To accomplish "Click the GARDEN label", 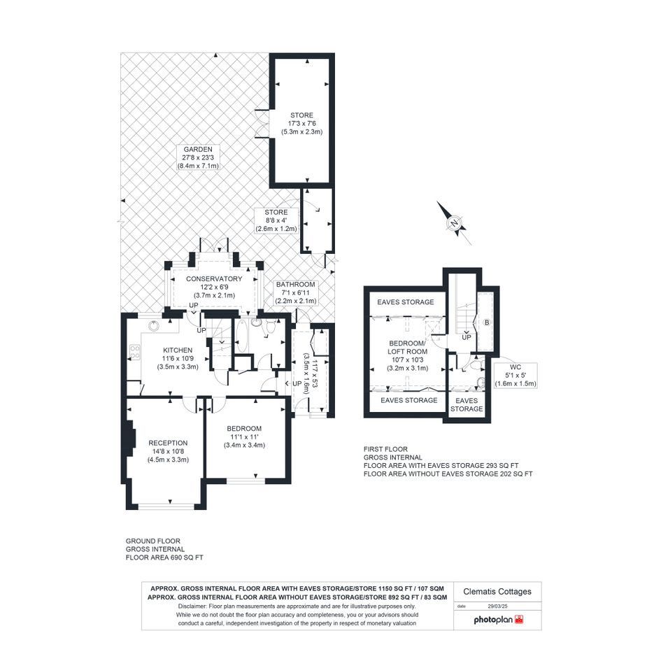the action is tap(198, 149).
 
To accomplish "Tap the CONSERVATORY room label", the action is tap(214, 278).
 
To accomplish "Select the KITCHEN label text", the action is tap(178, 350).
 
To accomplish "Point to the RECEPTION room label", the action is tap(168, 443).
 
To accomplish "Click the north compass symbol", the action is tap(453, 223).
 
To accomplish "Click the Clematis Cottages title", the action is tap(497, 592).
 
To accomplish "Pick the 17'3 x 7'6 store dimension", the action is tap(302, 124).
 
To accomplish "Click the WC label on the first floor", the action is tap(515, 367).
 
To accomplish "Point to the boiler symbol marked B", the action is tap(487, 322).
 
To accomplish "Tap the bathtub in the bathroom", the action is tap(241, 336).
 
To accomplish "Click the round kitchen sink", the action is tap(153, 326).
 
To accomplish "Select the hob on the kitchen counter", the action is tap(135, 353).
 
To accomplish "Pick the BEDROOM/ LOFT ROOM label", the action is tap(408, 348).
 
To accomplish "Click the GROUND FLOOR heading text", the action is tap(153, 541).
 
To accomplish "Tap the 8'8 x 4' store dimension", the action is tap(276, 220).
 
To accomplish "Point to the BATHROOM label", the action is tap(295, 285).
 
